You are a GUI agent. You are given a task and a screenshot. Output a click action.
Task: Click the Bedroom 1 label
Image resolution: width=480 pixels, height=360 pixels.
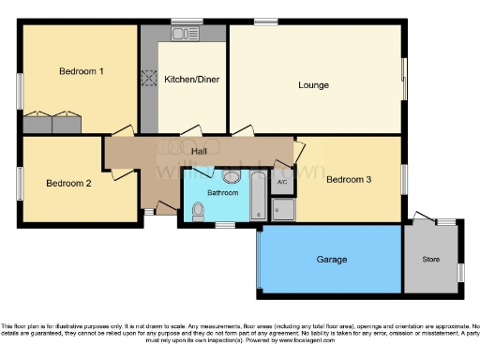coord(81,71)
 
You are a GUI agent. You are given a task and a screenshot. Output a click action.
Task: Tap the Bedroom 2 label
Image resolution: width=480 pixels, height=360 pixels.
coord(68,184)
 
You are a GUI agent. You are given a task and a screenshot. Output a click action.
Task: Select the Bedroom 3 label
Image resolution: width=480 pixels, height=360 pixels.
coord(349,180)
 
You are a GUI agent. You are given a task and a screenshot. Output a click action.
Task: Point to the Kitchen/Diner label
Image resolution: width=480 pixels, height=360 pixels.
coord(191,80)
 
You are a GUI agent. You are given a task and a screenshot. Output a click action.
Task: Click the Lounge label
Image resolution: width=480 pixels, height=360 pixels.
coord(313,85)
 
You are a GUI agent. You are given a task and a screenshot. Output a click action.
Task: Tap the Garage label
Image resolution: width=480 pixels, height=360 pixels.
coord(331,259)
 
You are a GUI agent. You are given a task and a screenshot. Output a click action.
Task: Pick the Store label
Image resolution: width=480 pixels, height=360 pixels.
coord(431,260)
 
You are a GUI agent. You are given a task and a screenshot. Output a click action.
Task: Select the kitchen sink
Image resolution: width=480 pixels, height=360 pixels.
coord(180,35)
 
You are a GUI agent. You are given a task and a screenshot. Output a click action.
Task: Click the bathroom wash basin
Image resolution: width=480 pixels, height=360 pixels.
coord(231,176)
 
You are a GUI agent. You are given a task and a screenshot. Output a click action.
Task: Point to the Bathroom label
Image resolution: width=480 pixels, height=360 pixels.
coord(223,192)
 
